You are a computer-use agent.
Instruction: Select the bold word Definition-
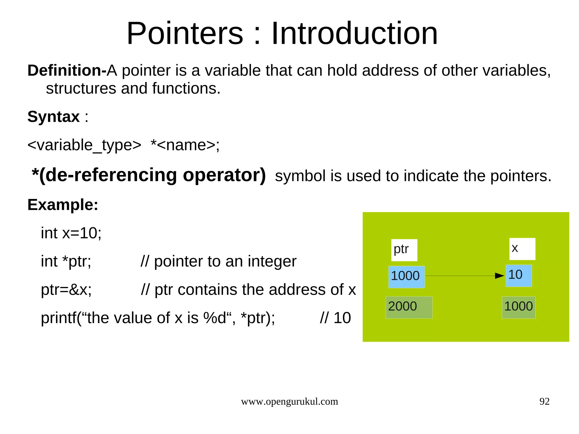pyautogui.click(x=67, y=70)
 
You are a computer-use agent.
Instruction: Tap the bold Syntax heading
pyautogui.click(x=53, y=116)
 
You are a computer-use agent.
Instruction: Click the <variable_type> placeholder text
pyautogui.click(x=84, y=145)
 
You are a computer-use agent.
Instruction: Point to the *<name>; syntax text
pyautogui.click(x=185, y=145)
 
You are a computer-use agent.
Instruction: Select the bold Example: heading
pyautogui.click(x=63, y=205)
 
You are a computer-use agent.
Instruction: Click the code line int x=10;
pyautogui.click(x=71, y=233)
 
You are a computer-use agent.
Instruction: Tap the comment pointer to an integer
pyautogui.click(x=225, y=261)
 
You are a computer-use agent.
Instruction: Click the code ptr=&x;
pyautogui.click(x=66, y=290)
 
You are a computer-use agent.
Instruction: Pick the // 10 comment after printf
pyautogui.click(x=335, y=318)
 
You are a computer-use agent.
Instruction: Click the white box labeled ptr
pyautogui.click(x=404, y=250)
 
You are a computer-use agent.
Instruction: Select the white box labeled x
pyautogui.click(x=522, y=249)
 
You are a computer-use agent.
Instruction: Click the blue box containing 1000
pyautogui.click(x=406, y=277)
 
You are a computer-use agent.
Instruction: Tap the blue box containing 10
pyautogui.click(x=518, y=276)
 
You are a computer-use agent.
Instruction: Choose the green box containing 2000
pyautogui.click(x=409, y=307)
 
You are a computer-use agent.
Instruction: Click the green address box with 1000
pyautogui.click(x=518, y=307)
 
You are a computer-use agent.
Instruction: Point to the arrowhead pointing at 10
pyautogui.click(x=500, y=276)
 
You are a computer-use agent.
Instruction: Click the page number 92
pyautogui.click(x=544, y=401)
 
